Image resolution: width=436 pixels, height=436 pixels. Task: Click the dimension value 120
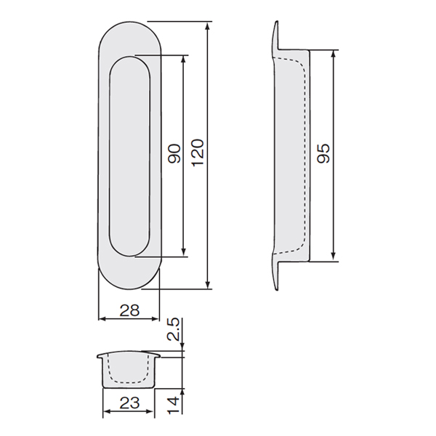(x=198, y=152)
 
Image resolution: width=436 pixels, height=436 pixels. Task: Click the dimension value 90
(x=174, y=153)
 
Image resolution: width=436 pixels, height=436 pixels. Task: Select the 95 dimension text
(x=323, y=153)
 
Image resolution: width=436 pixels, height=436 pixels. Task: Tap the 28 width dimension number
(x=129, y=310)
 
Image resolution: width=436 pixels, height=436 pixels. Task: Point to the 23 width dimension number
(x=129, y=403)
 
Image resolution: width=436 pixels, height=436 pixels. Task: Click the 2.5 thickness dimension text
(x=174, y=330)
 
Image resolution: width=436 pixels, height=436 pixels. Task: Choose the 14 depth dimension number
(x=174, y=405)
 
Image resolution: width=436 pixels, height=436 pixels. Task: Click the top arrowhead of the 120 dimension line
(x=207, y=25)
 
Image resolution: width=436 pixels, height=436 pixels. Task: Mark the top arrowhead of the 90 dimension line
(x=183, y=60)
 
